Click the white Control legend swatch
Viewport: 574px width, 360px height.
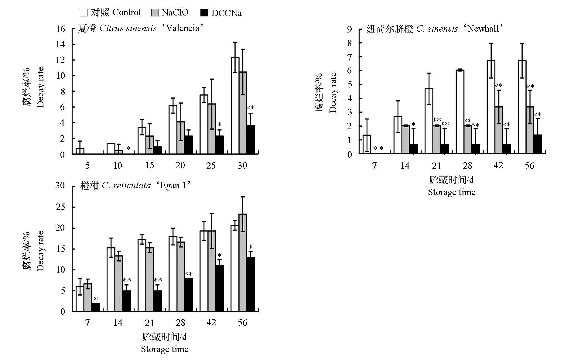84,12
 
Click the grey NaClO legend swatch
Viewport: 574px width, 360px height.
155,12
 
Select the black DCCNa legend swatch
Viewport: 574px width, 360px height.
204,12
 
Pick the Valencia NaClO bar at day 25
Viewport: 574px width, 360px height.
212,129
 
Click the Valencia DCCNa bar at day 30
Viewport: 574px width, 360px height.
251,140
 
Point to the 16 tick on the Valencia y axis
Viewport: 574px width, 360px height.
61,29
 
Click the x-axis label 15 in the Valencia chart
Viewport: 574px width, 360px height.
149,165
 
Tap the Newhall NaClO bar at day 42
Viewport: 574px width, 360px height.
499,130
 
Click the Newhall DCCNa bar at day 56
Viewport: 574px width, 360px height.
538,144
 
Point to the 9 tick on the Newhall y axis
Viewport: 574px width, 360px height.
350,29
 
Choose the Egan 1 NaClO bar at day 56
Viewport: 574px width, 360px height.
243,263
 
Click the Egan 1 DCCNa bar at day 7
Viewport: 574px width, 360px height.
95,307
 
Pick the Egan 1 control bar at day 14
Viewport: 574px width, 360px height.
111,279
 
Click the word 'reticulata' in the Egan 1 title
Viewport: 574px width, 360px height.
132,186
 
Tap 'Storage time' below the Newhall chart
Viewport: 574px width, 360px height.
452,192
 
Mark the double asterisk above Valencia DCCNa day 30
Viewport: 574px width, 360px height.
251,108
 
